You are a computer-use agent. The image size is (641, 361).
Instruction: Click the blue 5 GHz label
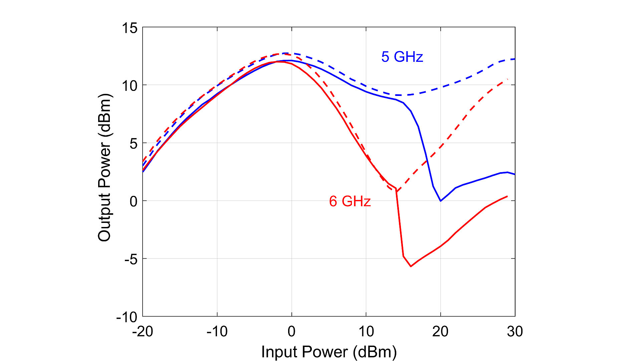click(402, 57)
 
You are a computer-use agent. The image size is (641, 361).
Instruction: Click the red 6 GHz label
click(350, 201)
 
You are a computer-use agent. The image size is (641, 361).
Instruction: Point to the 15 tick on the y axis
click(129, 28)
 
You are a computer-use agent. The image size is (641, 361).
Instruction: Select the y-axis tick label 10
click(129, 86)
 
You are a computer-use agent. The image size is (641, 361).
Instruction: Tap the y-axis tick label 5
click(133, 144)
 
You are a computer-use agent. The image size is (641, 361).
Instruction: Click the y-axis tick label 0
click(133, 202)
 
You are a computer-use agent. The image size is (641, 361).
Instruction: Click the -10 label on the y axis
click(127, 317)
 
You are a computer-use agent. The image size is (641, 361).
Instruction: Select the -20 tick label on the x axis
click(143, 332)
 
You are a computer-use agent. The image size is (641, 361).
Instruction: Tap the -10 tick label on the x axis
click(217, 332)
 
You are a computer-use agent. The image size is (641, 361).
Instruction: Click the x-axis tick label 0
click(291, 332)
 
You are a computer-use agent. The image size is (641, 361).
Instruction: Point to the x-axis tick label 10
click(366, 332)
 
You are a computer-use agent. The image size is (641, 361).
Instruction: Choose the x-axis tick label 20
click(440, 332)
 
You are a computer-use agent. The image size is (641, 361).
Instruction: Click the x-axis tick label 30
click(515, 332)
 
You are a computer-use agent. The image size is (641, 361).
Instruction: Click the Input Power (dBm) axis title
click(329, 352)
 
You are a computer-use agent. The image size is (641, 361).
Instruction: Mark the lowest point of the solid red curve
click(411, 266)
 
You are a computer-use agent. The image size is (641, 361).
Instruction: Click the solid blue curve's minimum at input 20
click(441, 201)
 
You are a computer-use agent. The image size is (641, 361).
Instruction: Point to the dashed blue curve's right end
click(514, 59)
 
